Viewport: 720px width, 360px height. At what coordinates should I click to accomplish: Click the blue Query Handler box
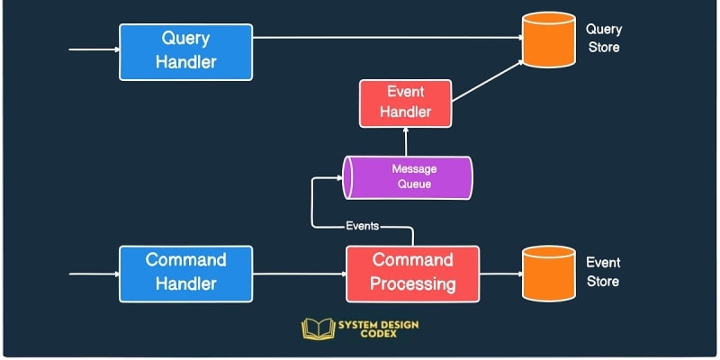pos(186,50)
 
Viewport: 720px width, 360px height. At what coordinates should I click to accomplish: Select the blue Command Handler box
pos(186,272)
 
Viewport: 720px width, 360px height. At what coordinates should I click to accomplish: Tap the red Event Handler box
pos(405,102)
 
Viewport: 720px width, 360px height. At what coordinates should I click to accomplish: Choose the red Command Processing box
pos(413,273)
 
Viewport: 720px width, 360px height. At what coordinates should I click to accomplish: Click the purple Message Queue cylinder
pos(408,176)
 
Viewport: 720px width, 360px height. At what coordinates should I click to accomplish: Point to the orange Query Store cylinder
pos(548,40)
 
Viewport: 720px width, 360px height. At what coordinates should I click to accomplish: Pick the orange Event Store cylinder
pos(548,273)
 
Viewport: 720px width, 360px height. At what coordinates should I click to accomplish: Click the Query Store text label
pos(603,39)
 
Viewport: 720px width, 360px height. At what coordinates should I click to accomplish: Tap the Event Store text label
pos(603,272)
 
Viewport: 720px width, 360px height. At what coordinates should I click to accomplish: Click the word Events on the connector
pos(362,226)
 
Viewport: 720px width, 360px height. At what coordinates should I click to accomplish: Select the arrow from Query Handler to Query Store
pos(387,38)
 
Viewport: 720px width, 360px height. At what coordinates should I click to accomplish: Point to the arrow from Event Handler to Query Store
pos(487,80)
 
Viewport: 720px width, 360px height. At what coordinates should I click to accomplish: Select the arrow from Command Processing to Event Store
pos(501,273)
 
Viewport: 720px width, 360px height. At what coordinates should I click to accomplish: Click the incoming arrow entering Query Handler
pos(94,49)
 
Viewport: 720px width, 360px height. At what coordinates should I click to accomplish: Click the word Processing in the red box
pos(413,284)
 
